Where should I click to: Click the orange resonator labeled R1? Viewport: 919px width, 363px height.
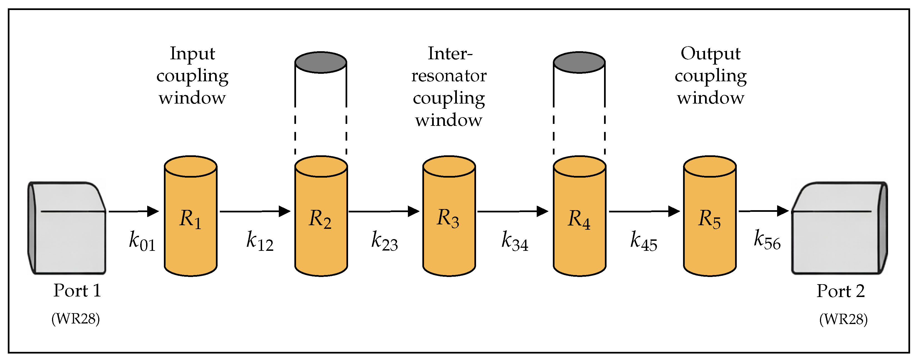[x=191, y=216]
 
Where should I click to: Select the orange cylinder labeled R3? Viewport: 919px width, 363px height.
[x=449, y=216]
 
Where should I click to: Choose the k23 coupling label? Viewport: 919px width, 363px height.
[x=385, y=242]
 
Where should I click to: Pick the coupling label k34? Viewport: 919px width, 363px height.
[x=515, y=242]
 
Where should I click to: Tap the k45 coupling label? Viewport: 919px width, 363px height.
[x=644, y=242]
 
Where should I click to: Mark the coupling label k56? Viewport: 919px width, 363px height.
[x=767, y=240]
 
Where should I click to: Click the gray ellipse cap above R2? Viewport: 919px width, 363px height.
[x=321, y=62]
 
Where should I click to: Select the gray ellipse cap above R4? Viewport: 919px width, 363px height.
[x=579, y=62]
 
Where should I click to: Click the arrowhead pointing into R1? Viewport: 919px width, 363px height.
[x=153, y=211]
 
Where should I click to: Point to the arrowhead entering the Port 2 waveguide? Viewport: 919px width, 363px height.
[x=783, y=211]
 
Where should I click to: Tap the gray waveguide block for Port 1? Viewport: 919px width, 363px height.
[x=67, y=228]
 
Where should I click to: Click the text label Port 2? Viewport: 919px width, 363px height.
[x=841, y=291]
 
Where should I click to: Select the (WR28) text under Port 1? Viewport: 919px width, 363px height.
[x=76, y=319]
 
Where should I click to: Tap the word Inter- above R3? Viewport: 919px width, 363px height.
[x=450, y=53]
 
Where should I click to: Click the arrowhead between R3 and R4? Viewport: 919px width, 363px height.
[x=543, y=211]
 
